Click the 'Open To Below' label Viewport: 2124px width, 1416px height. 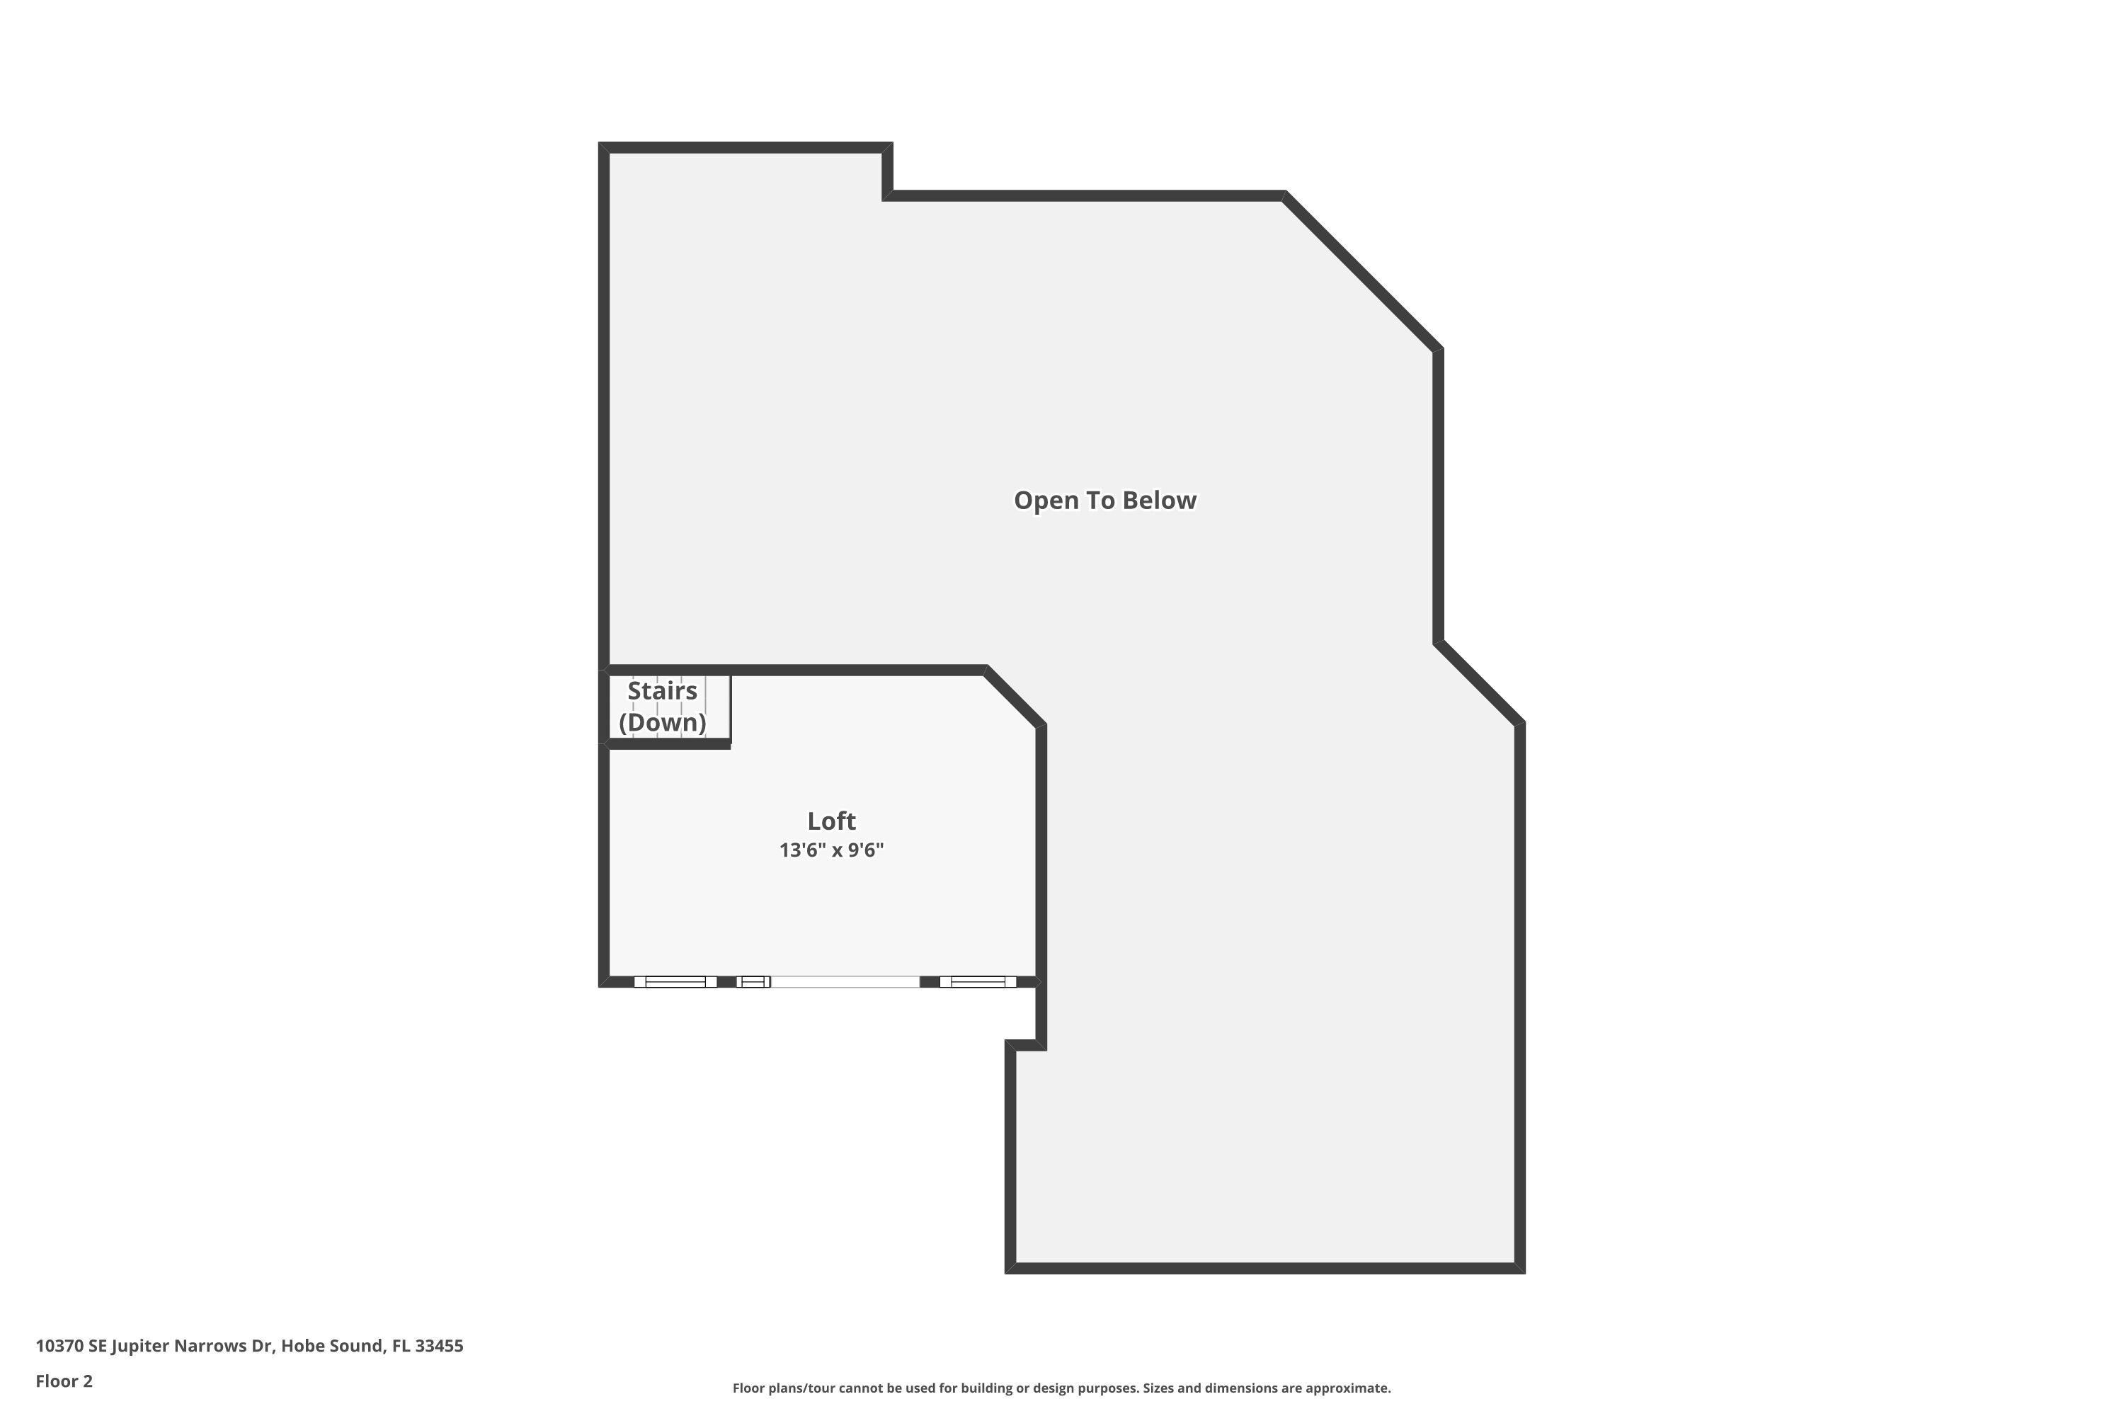pos(1104,501)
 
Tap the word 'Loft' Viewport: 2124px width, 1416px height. pos(830,821)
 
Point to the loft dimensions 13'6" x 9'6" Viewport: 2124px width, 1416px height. pos(830,850)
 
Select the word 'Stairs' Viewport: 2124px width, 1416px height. pos(662,691)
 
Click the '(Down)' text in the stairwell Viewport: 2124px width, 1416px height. pos(662,722)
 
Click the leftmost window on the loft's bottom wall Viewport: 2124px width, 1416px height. pos(675,981)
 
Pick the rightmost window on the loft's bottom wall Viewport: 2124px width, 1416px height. pos(977,981)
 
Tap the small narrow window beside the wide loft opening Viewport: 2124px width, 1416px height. pos(753,981)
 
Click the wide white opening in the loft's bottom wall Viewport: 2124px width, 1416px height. pos(845,981)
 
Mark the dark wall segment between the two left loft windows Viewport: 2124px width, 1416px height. pos(726,981)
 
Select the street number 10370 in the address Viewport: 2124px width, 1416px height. pos(59,1346)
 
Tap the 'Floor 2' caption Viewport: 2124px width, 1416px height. pos(64,1381)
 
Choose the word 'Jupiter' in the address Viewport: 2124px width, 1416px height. pos(140,1346)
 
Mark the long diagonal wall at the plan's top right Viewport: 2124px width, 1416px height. pos(1361,272)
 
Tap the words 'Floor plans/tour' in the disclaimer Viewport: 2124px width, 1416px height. pos(783,1388)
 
